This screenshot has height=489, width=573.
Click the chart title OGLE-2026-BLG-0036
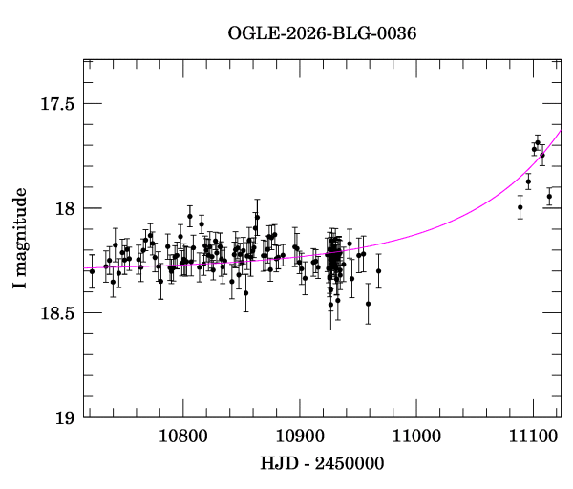[x=322, y=33]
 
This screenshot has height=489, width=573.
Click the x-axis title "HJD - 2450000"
[x=322, y=463]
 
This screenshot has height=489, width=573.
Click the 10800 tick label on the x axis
[x=180, y=436]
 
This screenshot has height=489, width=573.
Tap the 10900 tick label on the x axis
[x=299, y=436]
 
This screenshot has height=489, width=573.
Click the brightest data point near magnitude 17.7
[x=538, y=142]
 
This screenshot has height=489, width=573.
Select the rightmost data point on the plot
[x=549, y=197]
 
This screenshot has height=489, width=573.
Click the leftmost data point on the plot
[x=92, y=271]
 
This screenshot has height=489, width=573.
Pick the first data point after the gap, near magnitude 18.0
[x=520, y=207]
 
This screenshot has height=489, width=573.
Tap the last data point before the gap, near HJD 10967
[x=378, y=271]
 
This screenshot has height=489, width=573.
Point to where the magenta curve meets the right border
[x=560, y=132]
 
